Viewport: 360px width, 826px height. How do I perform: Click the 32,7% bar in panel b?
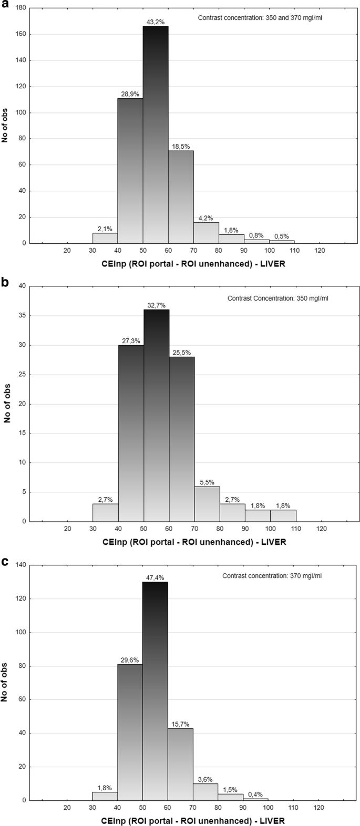tap(156, 415)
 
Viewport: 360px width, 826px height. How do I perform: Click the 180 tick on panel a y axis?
tap(20, 8)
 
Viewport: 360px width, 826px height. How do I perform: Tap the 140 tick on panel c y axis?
tap(20, 565)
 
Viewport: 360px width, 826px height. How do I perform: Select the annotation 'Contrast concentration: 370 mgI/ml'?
tap(272, 575)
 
